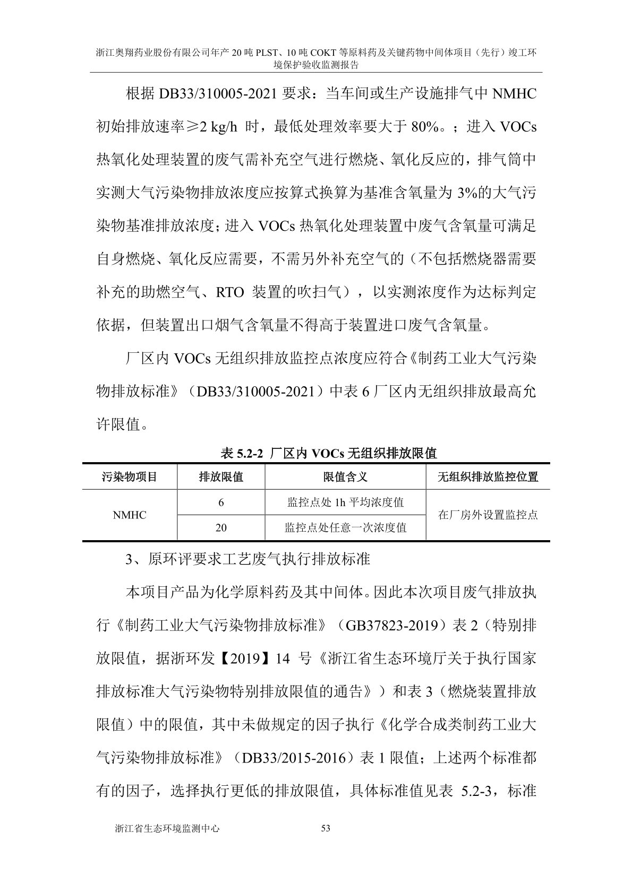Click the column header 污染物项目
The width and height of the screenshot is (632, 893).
tap(130, 476)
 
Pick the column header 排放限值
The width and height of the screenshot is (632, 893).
tap(221, 476)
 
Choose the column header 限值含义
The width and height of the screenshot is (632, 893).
tap(345, 476)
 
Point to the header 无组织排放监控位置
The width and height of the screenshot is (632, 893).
tap(488, 476)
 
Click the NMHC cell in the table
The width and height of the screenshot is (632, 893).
tap(130, 515)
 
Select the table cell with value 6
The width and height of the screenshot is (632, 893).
tap(221, 502)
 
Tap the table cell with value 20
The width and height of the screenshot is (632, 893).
tap(221, 528)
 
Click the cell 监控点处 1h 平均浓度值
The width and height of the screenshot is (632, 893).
tap(345, 502)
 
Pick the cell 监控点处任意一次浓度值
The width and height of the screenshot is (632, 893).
tap(345, 528)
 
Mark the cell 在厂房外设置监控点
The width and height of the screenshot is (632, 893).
tap(488, 515)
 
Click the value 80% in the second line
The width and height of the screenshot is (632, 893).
tap(428, 127)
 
